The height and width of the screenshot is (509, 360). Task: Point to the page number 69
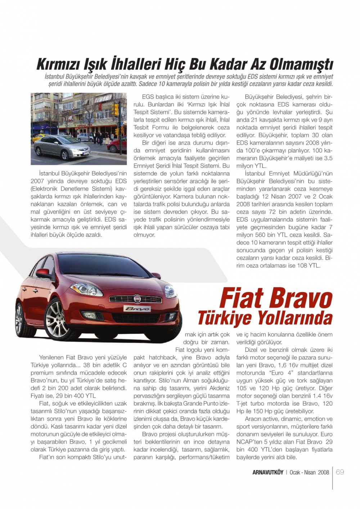click(340, 472)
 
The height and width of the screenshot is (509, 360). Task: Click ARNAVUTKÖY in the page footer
click(268, 472)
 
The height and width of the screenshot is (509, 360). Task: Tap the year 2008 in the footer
click(323, 472)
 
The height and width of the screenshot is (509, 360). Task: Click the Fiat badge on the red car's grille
click(138, 298)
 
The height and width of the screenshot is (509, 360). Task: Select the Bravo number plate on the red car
click(137, 309)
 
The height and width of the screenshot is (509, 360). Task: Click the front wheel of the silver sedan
click(65, 155)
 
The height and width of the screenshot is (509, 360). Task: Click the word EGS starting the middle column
click(148, 97)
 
